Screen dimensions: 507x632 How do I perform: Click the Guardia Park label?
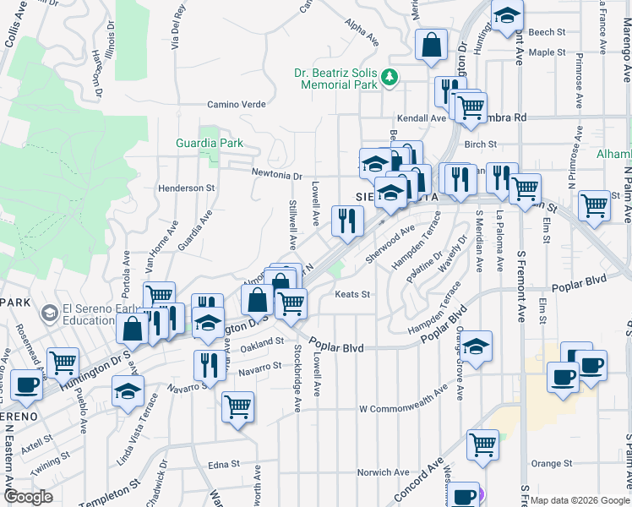click(209, 144)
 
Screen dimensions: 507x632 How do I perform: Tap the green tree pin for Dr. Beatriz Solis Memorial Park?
click(389, 78)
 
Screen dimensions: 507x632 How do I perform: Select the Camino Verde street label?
click(237, 105)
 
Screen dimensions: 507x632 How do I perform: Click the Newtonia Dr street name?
click(276, 175)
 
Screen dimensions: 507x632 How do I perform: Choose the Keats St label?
click(353, 294)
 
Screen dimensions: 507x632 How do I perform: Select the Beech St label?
click(547, 32)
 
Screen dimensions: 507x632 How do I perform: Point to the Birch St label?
click(480, 144)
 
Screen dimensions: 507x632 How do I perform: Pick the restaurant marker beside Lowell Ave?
click(347, 221)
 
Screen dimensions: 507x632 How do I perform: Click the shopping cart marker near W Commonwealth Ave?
click(238, 406)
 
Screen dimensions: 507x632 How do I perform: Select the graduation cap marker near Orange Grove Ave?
click(477, 346)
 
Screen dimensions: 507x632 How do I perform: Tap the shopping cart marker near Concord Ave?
click(482, 444)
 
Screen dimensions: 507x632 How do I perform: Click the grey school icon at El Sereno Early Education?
click(51, 313)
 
